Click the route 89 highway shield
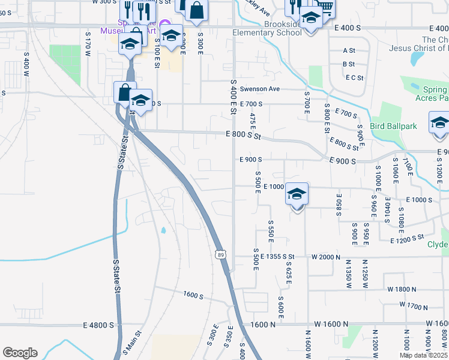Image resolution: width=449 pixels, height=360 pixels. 221,254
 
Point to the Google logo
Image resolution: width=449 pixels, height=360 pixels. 20,353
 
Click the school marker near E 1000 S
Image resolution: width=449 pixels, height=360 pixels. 297,196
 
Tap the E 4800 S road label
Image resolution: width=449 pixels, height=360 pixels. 99,325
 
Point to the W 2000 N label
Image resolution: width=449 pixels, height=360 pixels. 325,257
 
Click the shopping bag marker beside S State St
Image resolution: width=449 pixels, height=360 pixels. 124,94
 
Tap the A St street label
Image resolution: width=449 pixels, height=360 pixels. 349,50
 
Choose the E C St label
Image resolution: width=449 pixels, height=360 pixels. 355,77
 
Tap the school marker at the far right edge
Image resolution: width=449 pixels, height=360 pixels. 439,124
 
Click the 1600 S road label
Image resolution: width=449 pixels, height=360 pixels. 194,295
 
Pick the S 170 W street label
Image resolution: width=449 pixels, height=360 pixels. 87,46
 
